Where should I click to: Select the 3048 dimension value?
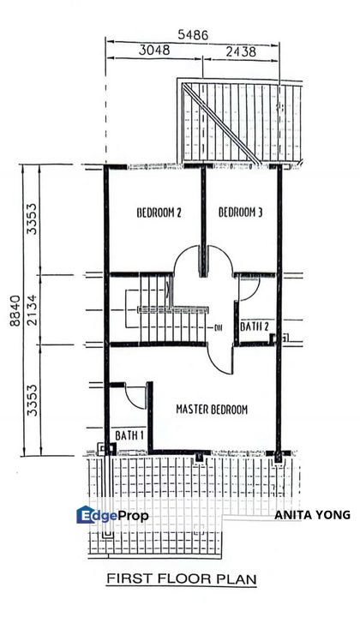pyautogui.click(x=154, y=51)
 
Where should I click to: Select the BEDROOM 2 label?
pyautogui.click(x=159, y=213)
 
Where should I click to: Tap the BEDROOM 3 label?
pyautogui.click(x=240, y=213)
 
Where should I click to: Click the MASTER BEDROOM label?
pyautogui.click(x=212, y=410)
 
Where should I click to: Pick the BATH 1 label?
pyautogui.click(x=117, y=434)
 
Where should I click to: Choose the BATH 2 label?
pyautogui.click(x=255, y=326)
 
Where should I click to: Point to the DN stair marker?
pyautogui.click(x=219, y=327)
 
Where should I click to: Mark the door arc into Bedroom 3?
pyautogui.click(x=218, y=261)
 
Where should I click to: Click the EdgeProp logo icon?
pyautogui.click(x=87, y=515)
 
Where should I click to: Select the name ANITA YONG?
pyautogui.click(x=312, y=515)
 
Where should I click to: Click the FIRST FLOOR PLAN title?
pyautogui.click(x=181, y=580)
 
